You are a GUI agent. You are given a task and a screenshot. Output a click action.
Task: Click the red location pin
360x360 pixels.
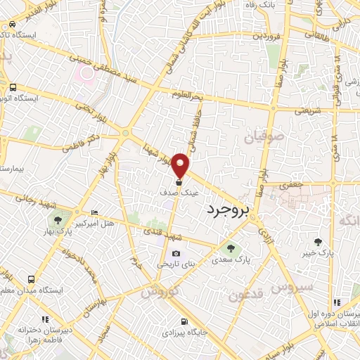point(181,165)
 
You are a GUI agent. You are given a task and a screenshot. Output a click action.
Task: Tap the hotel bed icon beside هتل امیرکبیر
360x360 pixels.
point(95,213)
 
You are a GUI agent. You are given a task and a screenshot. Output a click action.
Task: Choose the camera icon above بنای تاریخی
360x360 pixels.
point(175,254)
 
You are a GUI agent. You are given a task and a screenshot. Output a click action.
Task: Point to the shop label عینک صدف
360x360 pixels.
point(181,191)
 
